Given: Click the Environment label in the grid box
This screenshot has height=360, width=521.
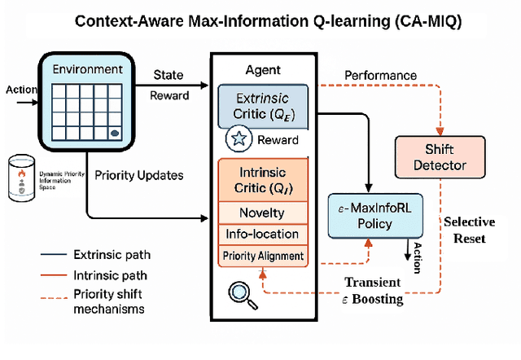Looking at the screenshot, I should [x=87, y=70].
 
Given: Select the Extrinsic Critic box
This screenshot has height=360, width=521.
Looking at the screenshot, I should [x=262, y=108].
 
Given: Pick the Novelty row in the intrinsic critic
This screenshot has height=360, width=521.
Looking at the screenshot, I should [x=262, y=213].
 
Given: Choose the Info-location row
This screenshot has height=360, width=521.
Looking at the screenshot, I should [x=262, y=235].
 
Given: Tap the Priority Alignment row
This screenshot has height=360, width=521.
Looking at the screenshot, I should [x=262, y=256].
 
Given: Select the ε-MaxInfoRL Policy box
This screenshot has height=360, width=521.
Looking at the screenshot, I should [x=375, y=217].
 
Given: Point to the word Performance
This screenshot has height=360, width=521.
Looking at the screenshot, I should [x=380, y=76].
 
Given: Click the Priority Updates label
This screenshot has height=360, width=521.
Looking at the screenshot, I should [x=139, y=174].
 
